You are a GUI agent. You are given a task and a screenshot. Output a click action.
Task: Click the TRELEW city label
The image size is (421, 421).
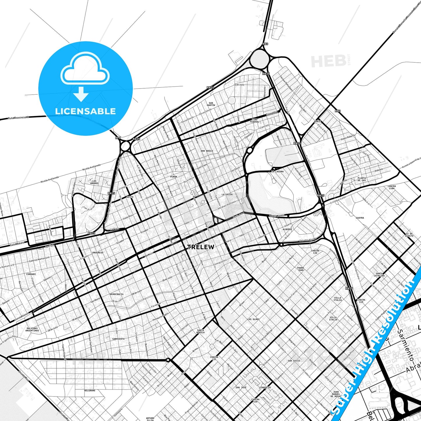click(201, 247)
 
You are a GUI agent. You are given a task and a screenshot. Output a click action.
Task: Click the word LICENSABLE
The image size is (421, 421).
click(85, 111)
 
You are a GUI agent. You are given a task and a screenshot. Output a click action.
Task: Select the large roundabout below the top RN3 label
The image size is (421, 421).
click(259, 59)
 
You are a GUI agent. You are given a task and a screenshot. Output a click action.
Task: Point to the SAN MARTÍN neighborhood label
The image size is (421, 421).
click(211, 104)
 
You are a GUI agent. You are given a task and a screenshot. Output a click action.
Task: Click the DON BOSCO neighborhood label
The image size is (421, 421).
click(207, 151)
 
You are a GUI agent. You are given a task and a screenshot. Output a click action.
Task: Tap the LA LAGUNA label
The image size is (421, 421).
click(277, 172)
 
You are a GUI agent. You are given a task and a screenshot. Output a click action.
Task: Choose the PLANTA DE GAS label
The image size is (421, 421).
click(362, 179)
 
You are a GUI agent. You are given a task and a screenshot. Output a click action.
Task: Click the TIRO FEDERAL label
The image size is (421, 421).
click(254, 121)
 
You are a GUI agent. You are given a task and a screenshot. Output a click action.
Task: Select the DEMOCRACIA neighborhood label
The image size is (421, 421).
click(117, 294)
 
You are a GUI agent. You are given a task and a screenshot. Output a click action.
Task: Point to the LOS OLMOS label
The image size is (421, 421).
click(253, 319)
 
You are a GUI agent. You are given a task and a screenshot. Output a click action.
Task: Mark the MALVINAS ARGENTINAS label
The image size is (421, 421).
click(32, 330)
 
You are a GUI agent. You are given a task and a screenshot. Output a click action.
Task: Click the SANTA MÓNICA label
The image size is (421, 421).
click(200, 331)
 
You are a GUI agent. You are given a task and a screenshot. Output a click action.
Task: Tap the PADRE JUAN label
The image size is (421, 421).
click(301, 269)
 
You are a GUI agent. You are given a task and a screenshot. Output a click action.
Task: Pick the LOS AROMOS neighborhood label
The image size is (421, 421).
click(94, 182)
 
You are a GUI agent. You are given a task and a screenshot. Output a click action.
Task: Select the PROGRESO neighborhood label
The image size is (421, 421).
click(98, 253)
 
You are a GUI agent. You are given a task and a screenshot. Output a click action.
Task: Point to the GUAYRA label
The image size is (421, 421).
click(360, 218)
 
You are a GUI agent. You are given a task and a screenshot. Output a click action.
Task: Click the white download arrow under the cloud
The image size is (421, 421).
click(81, 94)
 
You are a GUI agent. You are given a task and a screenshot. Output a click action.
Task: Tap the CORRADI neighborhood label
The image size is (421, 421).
click(31, 274)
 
